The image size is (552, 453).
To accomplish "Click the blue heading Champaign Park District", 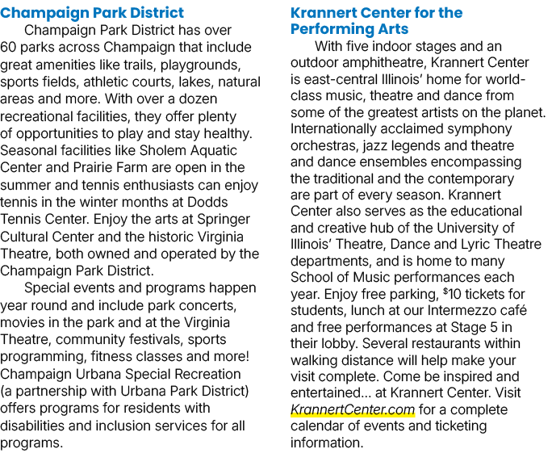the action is tap(92, 13).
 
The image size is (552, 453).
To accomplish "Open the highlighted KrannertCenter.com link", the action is tap(353, 409).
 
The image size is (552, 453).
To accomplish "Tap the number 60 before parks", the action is tap(8, 47).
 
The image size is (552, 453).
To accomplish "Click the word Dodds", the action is tap(207, 202).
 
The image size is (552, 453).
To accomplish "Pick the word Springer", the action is tap(224, 220).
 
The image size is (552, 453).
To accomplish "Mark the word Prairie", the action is tap(93, 168).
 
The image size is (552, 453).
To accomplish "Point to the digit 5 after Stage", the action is tap(494, 327).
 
